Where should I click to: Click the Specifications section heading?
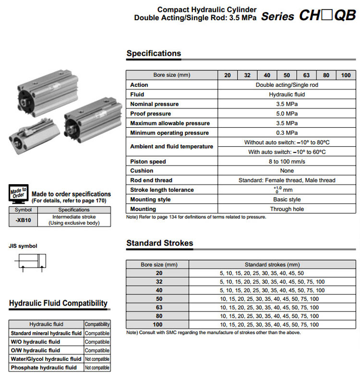click(154, 53)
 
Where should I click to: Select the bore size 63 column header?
click(306, 75)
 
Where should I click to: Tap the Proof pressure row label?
click(150, 114)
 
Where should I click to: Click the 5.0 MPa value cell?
click(287, 114)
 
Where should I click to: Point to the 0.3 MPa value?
click(287, 133)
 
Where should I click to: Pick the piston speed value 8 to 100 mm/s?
click(287, 162)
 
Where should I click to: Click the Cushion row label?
click(142, 171)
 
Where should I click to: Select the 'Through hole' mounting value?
click(287, 209)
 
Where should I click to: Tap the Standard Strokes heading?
click(159, 243)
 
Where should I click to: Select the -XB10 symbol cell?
click(23, 220)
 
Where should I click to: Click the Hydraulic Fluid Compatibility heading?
click(58, 303)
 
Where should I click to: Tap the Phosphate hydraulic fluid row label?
click(44, 368)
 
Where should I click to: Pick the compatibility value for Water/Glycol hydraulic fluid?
click(97, 359)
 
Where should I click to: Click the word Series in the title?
click(277, 16)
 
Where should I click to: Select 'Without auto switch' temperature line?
click(287, 143)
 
